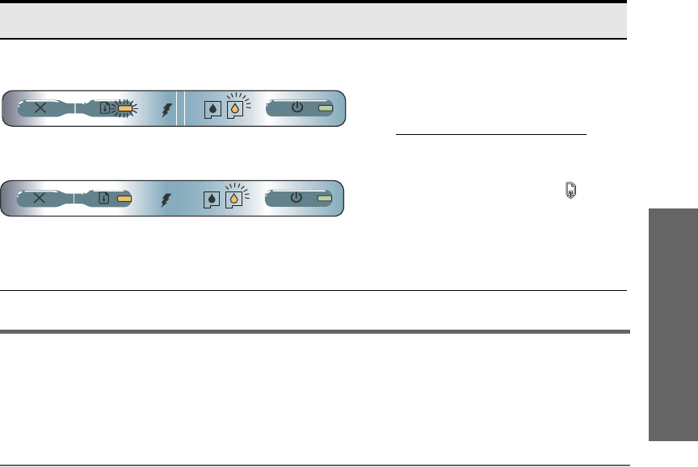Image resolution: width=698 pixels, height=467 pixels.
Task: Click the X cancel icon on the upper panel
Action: pyautogui.click(x=40, y=107)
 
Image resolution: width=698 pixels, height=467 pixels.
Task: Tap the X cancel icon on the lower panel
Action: pyautogui.click(x=40, y=198)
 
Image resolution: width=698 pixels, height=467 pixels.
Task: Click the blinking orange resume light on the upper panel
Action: pyautogui.click(x=124, y=107)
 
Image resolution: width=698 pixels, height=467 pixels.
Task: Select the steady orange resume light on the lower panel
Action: pyautogui.click(x=124, y=198)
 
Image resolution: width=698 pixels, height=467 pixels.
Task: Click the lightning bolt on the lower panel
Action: pyautogui.click(x=167, y=199)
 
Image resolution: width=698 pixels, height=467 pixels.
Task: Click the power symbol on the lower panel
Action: pyautogui.click(x=297, y=198)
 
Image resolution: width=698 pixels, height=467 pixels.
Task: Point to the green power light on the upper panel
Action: pyautogui.click(x=325, y=107)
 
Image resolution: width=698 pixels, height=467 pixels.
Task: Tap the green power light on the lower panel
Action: pyautogui.click(x=325, y=198)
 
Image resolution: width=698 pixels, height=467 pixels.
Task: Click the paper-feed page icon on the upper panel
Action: pyautogui.click(x=103, y=107)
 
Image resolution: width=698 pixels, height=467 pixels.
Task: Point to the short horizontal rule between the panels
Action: pyautogui.click(x=490, y=135)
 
